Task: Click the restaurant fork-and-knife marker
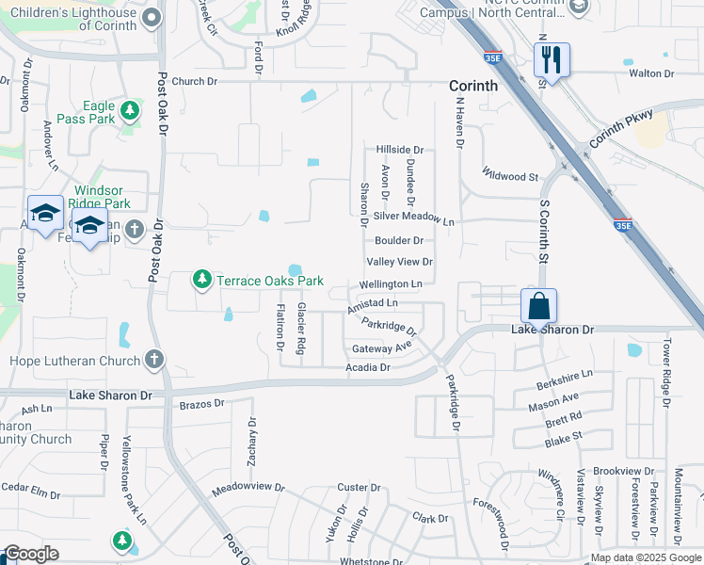pos(550,60)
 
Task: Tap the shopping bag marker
pos(538,307)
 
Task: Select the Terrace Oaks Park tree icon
pos(201,280)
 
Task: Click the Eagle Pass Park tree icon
pos(129,111)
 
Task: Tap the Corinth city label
pos(472,86)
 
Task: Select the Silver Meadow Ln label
pos(413,217)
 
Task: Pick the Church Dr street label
pos(195,82)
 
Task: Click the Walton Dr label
pos(651,73)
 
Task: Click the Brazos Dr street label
pos(201,403)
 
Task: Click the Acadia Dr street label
pos(367,367)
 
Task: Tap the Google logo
pos(32,555)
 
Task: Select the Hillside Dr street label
pos(400,150)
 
